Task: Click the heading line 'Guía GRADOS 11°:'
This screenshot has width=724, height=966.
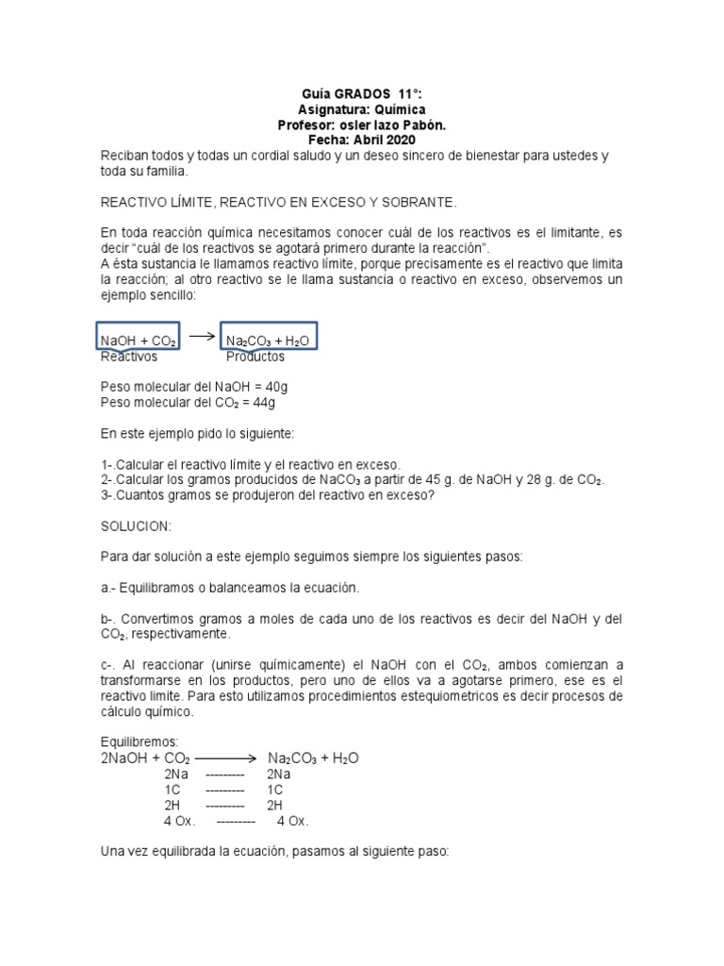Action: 362,94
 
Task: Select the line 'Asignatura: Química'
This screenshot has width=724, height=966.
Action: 362,109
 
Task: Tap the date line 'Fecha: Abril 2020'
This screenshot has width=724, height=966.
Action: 362,140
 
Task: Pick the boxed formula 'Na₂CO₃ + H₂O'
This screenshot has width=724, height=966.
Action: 268,340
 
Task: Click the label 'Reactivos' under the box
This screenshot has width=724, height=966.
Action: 129,357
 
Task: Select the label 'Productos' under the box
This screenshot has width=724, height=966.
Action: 255,357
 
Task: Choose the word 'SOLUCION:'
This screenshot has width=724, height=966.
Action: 136,525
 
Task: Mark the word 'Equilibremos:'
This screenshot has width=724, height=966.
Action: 140,741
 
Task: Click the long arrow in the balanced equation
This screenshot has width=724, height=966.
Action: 226,758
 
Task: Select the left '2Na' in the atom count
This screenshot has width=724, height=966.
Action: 175,774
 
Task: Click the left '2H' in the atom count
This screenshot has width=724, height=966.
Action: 173,805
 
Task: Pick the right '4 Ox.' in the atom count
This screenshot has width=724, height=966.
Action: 293,821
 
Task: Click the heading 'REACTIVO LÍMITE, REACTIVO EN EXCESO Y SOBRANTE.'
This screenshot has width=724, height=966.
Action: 278,202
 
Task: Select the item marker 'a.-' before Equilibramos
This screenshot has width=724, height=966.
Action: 108,588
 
